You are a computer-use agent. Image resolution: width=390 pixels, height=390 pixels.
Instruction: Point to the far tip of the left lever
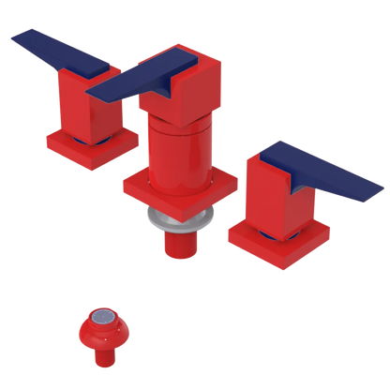tap(13, 38)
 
